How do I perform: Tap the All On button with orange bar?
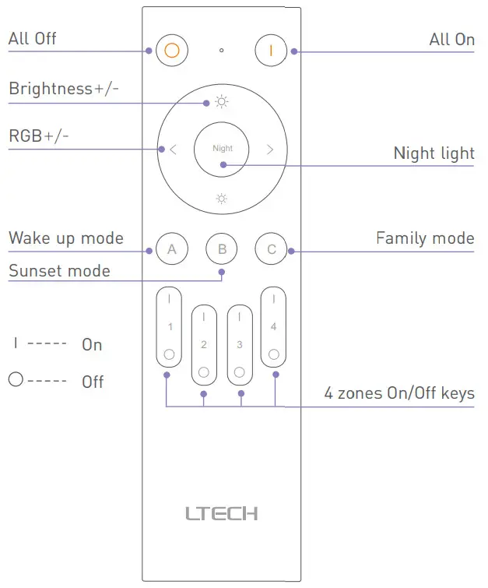point(272,51)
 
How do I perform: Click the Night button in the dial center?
point(222,148)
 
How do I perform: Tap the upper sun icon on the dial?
point(222,102)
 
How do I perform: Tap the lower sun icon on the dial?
point(222,199)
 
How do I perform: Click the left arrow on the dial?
point(173,149)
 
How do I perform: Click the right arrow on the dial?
point(270,149)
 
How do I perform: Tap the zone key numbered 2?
point(204,344)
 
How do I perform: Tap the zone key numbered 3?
point(240,344)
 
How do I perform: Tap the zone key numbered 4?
point(273,327)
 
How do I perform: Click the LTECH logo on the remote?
point(222,513)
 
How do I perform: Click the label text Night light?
point(434,153)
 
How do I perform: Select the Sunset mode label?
point(59,271)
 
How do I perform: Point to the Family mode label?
point(425,238)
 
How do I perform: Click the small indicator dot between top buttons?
point(222,51)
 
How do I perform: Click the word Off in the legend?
point(93,382)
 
